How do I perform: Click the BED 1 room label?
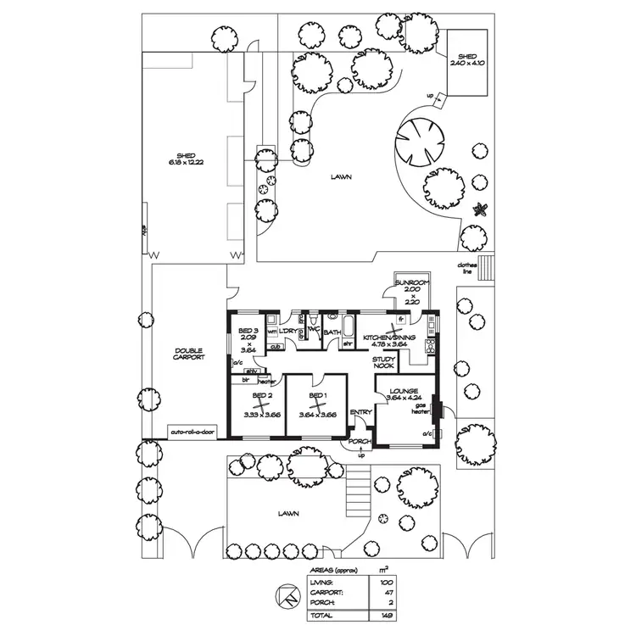tap(318, 396)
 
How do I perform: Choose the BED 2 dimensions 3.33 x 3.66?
tap(264, 415)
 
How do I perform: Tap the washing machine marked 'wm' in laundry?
tap(273, 332)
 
